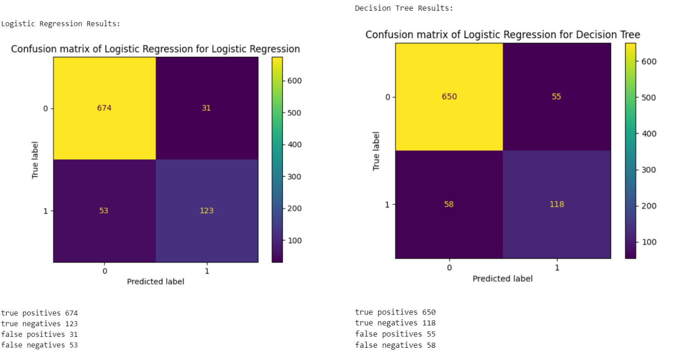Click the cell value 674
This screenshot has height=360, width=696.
[x=104, y=108]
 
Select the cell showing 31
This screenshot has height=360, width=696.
[x=207, y=108]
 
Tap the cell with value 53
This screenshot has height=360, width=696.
[x=104, y=211]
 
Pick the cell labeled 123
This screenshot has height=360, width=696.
[x=207, y=211]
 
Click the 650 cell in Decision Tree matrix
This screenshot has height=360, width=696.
[x=449, y=97]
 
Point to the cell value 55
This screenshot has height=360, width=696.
[x=556, y=97]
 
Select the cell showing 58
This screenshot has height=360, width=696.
[x=449, y=204]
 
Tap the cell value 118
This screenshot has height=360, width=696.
[x=557, y=204]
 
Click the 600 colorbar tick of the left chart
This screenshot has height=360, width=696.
[x=294, y=81]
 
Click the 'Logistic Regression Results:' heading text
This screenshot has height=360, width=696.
[x=61, y=24]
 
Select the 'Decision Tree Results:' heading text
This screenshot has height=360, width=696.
[x=404, y=8]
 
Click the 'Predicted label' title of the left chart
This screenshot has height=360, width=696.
[x=155, y=281]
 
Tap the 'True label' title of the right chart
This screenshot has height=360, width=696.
[x=376, y=151]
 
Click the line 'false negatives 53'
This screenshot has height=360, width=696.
[x=39, y=345]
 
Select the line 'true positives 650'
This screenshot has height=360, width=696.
[x=395, y=312]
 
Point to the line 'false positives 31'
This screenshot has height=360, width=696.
[x=39, y=335]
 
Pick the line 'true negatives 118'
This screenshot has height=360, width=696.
[x=395, y=323]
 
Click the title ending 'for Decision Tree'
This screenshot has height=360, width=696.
[x=503, y=35]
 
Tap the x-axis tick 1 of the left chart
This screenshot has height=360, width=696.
[x=207, y=271]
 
